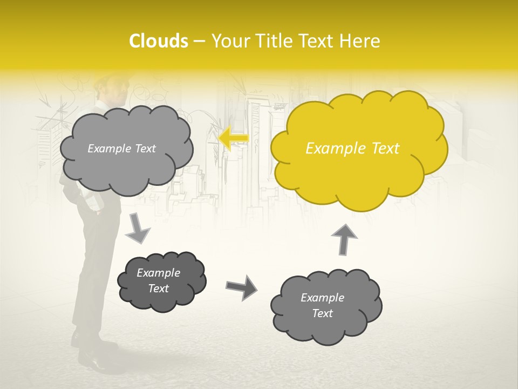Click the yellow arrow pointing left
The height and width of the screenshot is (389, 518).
[x=234, y=139]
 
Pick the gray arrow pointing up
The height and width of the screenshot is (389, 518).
[x=344, y=238]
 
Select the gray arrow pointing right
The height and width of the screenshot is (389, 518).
[x=241, y=287]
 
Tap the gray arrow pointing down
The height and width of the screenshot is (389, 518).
[x=138, y=227]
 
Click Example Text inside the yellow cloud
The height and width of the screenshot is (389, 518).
[x=352, y=149]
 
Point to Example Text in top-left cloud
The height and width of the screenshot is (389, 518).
[x=121, y=149]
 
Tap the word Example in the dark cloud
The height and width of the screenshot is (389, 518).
[x=158, y=273]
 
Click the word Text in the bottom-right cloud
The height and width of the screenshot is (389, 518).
[x=322, y=313]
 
